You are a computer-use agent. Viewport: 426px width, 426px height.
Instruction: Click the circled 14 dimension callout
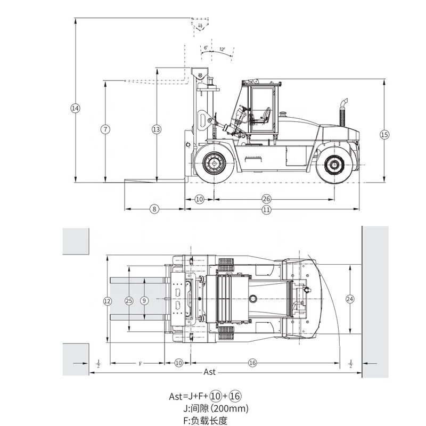tap(75, 108)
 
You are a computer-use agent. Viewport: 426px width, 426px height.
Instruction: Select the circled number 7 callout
tap(105, 129)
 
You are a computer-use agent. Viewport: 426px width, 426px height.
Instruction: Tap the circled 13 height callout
tap(156, 129)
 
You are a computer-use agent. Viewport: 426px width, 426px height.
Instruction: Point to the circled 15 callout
tap(384, 135)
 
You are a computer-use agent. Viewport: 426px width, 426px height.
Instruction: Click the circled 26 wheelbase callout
tap(266, 199)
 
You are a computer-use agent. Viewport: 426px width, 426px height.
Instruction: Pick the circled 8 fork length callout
tap(154, 209)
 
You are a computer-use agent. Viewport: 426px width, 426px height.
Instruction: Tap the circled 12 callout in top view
tap(108, 301)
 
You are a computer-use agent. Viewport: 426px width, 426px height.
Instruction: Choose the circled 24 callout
tap(350, 299)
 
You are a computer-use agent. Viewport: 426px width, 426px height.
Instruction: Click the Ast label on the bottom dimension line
tap(211, 372)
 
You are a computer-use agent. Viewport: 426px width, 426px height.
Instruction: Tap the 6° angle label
tap(206, 47)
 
